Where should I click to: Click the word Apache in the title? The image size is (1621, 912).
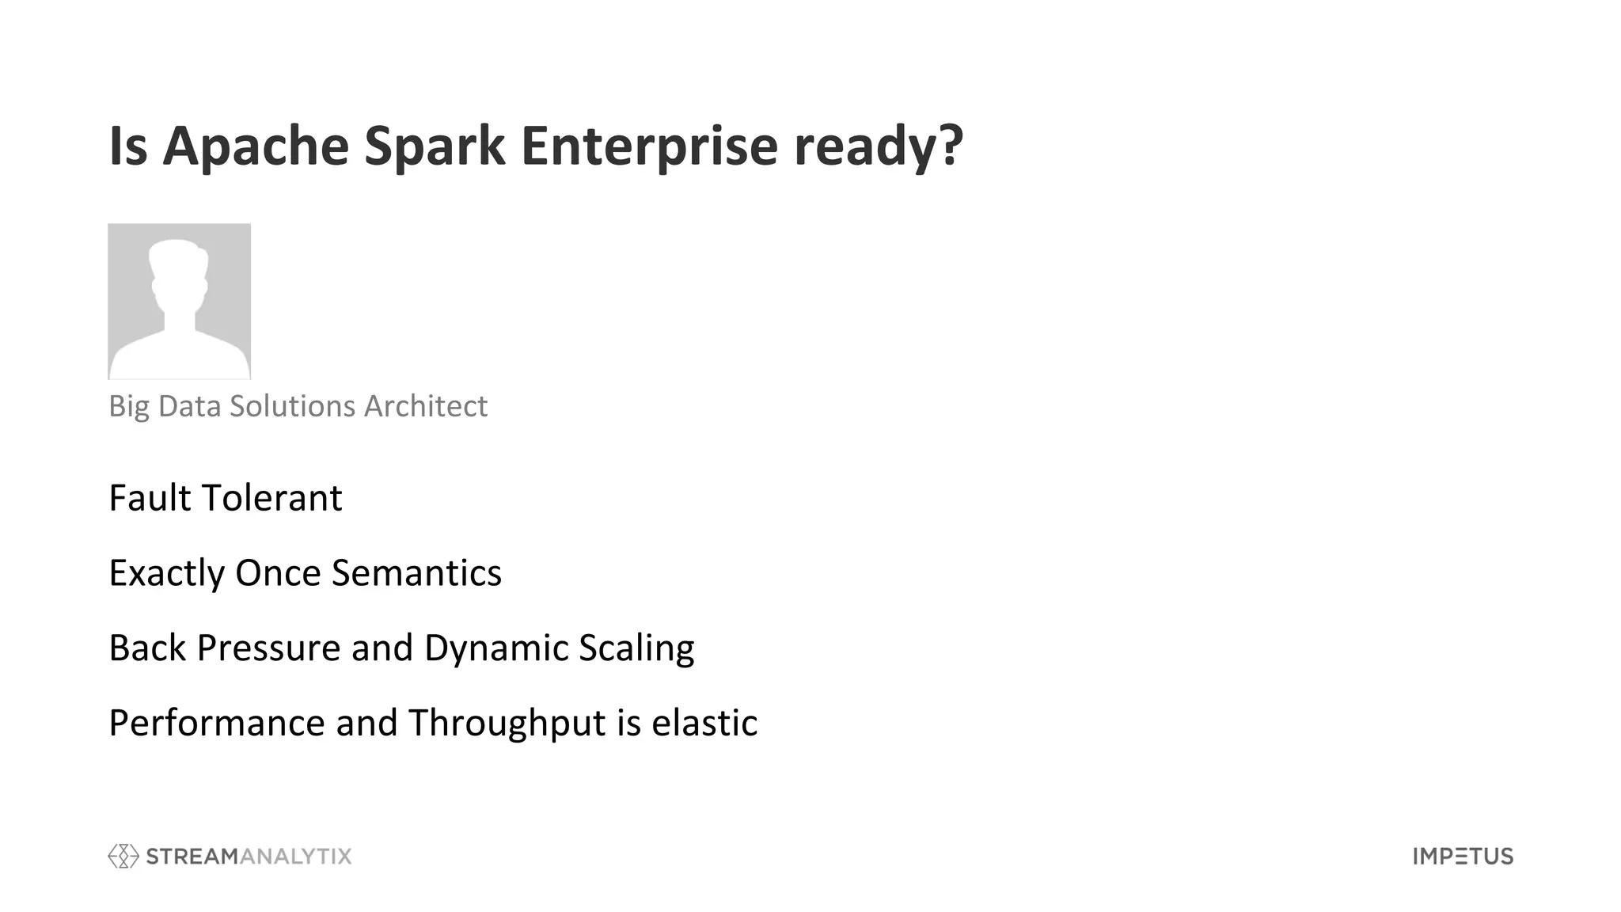coord(255,146)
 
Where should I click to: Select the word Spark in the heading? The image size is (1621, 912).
coord(435,146)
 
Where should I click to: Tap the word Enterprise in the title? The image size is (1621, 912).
coord(649,146)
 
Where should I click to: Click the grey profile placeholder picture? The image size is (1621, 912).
coord(180,302)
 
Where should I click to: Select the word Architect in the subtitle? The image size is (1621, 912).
coord(425,406)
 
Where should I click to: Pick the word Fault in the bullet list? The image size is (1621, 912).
coord(150,498)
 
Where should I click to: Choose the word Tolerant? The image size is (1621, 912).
coord(272,498)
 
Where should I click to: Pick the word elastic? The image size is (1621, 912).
coord(704,723)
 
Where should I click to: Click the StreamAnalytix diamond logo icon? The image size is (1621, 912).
coord(123,856)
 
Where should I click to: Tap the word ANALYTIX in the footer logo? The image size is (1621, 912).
coord(294,856)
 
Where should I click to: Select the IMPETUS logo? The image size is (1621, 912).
coord(1463,856)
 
